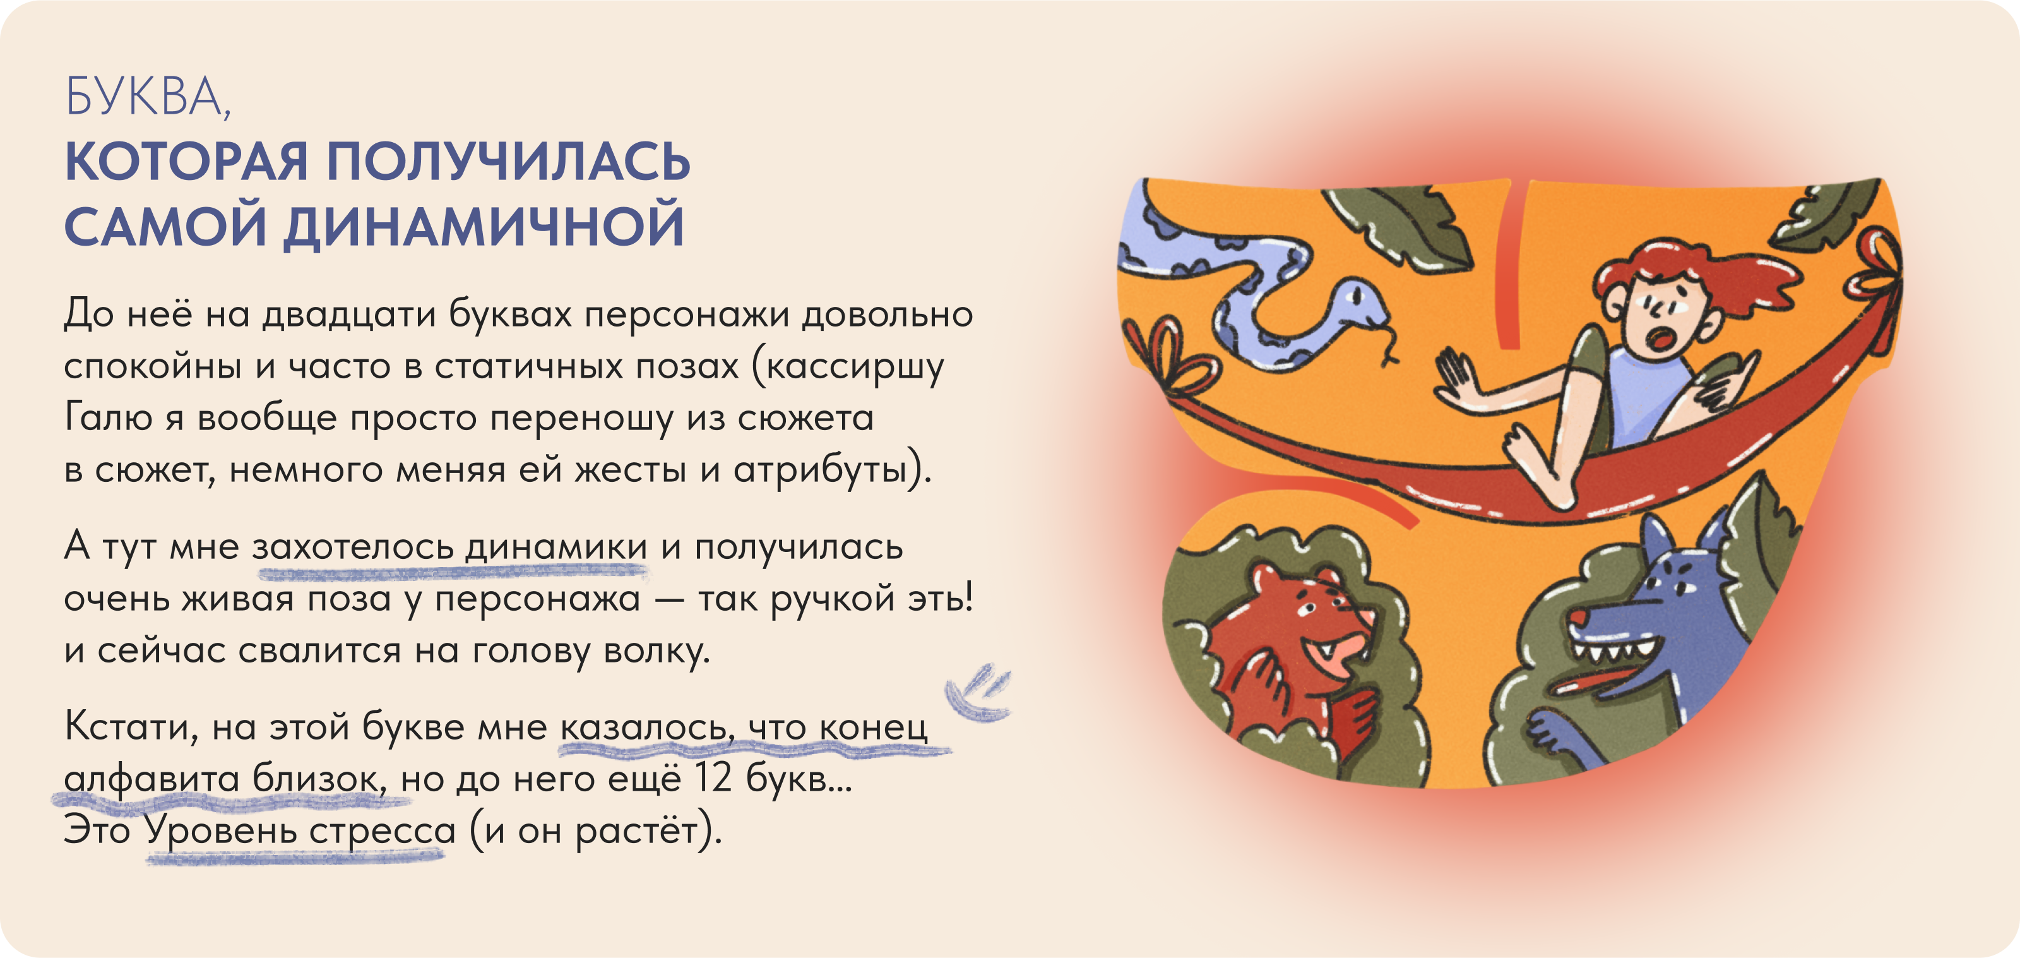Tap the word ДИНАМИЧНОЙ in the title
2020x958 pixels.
(x=484, y=226)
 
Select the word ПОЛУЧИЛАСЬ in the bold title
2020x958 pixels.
(x=508, y=162)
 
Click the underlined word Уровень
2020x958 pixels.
(x=221, y=830)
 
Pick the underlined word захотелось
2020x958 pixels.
(x=352, y=546)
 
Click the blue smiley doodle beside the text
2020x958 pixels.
(x=977, y=692)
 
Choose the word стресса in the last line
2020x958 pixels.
(x=382, y=830)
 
